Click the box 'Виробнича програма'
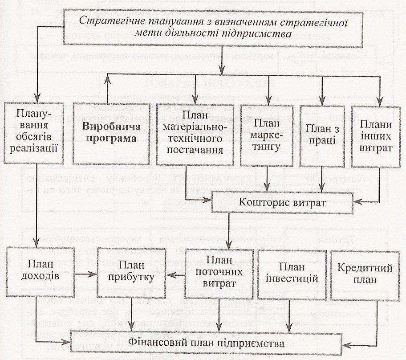coord(111,134)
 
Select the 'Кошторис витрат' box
coord(282,203)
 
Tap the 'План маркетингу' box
coord(267,135)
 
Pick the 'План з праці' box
coord(322,136)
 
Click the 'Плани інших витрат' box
coord(376,137)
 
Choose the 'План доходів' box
coord(40,271)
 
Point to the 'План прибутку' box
coord(131,273)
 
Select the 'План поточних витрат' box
coord(219,274)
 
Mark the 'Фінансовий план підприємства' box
coord(206,343)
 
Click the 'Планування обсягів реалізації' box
coord(34,133)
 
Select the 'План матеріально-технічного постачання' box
coord(195,135)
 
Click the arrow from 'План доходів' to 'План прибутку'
coord(86,274)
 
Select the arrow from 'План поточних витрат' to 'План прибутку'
coord(175,275)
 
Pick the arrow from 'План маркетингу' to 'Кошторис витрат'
coord(267,179)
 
